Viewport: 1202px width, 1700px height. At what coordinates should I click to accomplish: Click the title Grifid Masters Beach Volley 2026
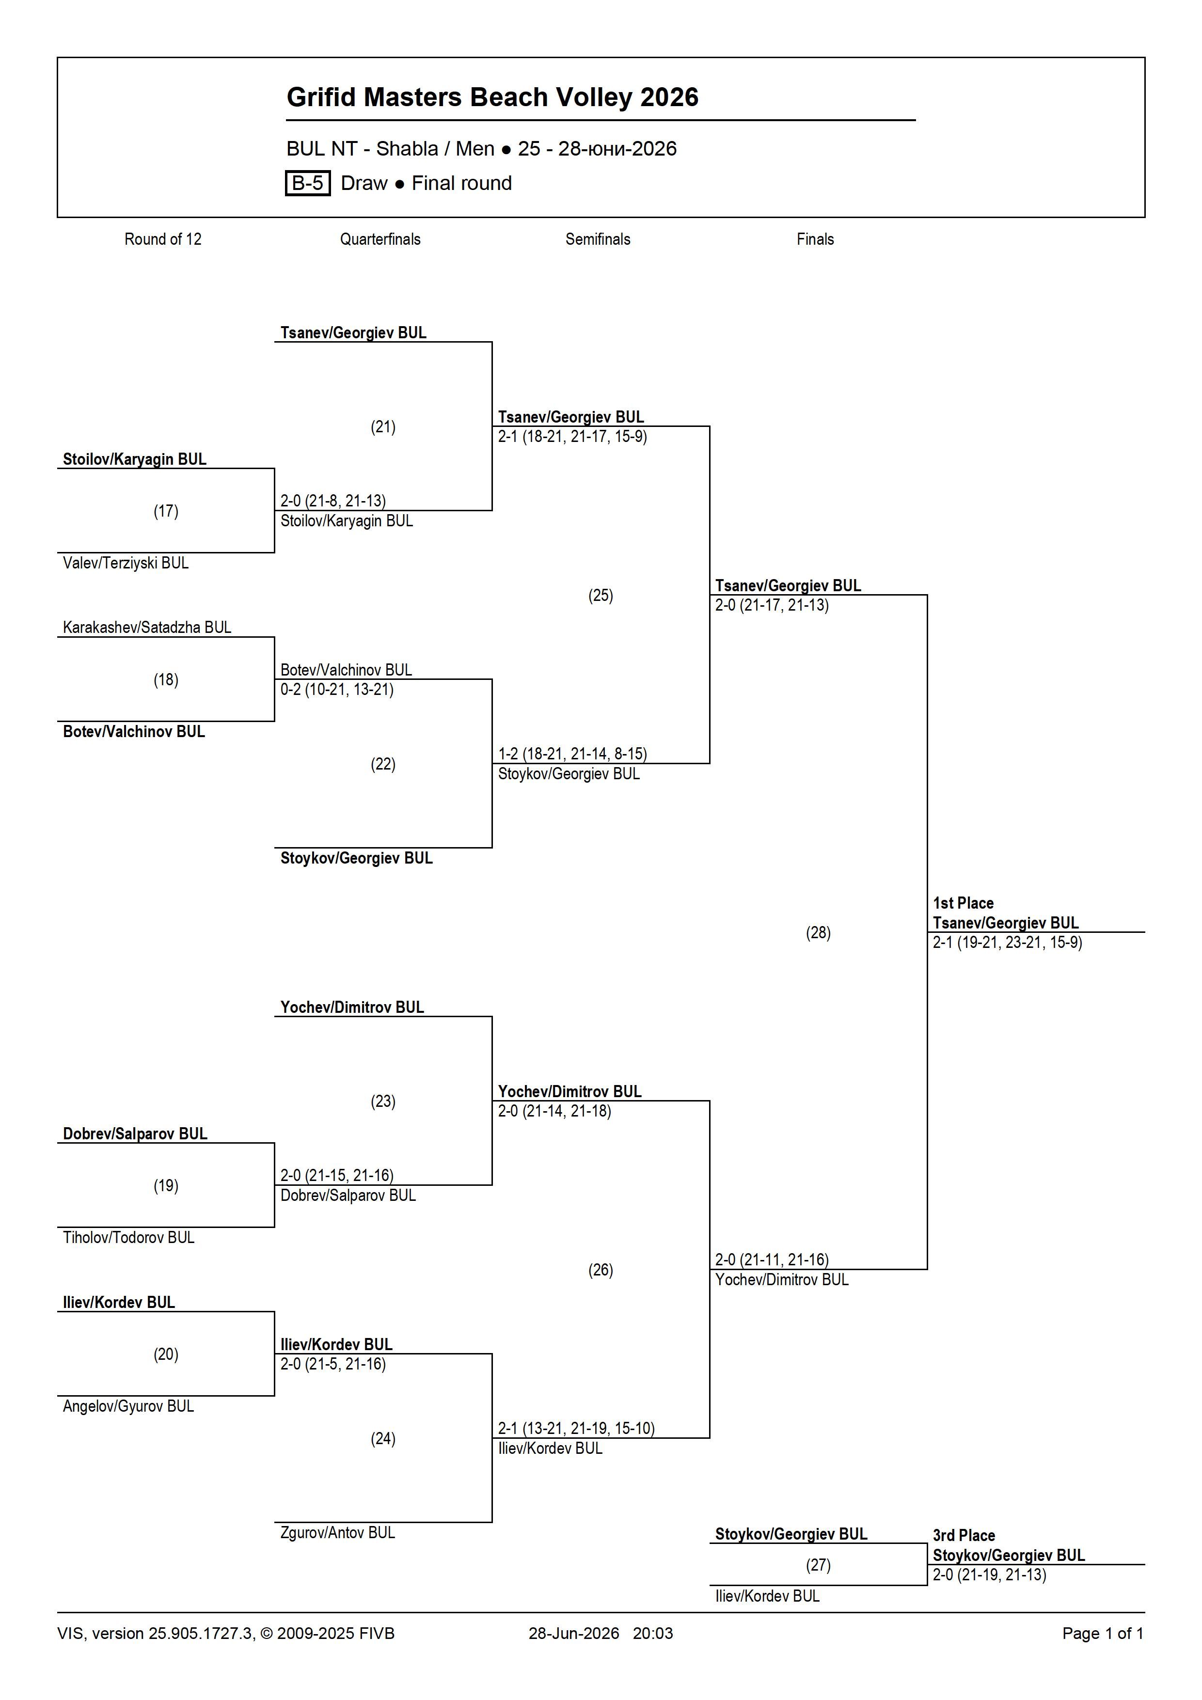492,97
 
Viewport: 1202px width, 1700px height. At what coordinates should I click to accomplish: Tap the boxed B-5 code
307,183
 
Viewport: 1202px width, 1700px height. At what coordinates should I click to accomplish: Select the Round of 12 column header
163,239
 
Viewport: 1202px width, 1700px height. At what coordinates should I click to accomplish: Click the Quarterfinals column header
380,239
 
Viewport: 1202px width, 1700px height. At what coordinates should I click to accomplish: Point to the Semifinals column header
598,239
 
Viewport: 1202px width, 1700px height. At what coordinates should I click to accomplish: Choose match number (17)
166,511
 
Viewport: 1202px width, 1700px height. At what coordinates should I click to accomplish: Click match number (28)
818,932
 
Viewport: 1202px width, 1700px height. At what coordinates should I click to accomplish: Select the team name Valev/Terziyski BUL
126,563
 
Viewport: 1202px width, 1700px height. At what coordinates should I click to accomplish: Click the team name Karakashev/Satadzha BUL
147,627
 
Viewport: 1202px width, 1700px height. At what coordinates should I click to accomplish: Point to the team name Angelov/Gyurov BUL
128,1406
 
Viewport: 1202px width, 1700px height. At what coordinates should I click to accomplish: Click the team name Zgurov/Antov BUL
338,1533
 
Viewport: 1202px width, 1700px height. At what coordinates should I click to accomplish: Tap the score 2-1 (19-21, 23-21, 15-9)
1007,943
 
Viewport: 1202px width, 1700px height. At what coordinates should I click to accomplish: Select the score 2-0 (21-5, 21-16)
333,1364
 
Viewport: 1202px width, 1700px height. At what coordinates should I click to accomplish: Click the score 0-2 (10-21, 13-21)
337,689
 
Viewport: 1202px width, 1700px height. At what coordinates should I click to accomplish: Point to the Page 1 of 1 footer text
1103,1633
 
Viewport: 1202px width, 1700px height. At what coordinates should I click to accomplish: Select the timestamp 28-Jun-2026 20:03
601,1633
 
